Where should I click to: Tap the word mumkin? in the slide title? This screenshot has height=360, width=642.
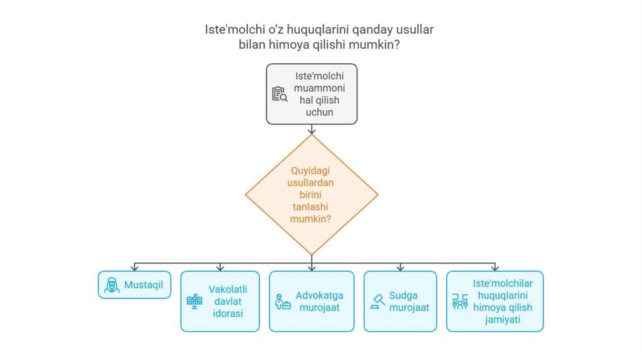[378, 45]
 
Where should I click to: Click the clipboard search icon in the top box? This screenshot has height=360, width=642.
[279, 94]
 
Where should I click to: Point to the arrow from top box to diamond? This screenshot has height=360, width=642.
[312, 130]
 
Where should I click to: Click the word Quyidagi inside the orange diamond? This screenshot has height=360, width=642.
[311, 170]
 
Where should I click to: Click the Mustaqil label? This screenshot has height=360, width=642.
[144, 285]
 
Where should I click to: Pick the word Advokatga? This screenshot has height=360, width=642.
[320, 295]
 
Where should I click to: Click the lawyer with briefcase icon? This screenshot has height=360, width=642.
[283, 302]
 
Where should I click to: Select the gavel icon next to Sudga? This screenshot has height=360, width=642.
[378, 301]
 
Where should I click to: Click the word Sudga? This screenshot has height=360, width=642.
[403, 295]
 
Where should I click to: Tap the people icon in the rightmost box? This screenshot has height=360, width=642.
[460, 302]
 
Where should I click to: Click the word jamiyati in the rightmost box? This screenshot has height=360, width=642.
[502, 319]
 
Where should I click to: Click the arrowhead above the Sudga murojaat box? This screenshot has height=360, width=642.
[400, 268]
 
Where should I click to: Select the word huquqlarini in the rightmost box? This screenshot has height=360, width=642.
[502, 295]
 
